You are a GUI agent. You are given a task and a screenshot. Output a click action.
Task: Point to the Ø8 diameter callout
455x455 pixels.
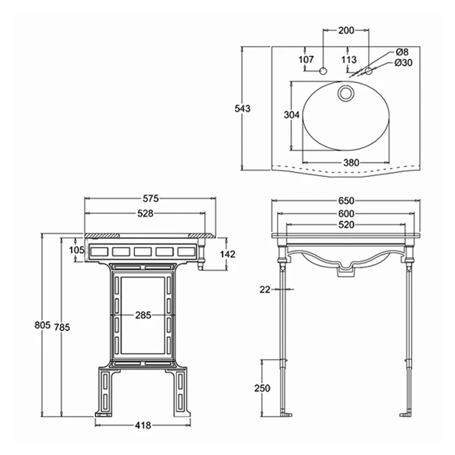point(402,52)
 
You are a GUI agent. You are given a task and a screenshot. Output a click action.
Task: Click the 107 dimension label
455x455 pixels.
point(307,59)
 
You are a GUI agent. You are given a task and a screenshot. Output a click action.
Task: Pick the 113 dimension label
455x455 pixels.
point(349,59)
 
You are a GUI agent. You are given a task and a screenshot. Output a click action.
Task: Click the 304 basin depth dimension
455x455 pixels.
point(291,115)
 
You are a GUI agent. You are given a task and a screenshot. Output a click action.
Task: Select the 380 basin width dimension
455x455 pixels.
point(351,163)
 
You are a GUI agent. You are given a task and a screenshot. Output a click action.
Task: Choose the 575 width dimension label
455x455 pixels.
point(150,198)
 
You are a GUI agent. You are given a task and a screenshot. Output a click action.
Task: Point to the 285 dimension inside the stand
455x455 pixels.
point(143,316)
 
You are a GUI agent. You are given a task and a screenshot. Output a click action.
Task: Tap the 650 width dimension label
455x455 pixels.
point(346,200)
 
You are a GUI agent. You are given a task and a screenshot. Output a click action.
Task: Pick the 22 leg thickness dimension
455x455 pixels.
point(264,289)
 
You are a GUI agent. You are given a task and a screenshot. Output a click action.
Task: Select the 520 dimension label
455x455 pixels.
point(346,225)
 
